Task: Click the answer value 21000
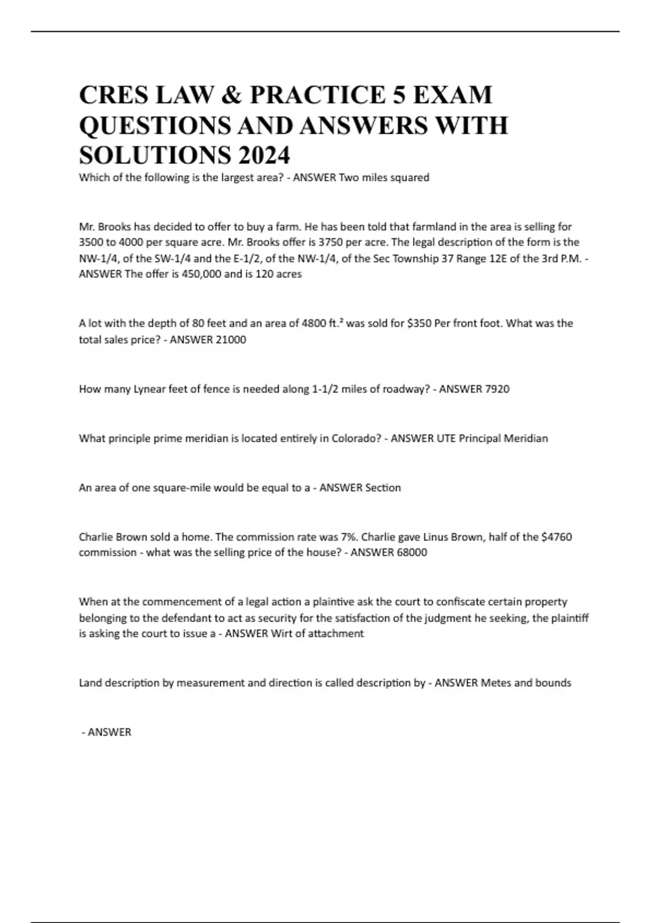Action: (231, 340)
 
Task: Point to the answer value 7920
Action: (495, 389)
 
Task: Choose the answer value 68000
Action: (412, 552)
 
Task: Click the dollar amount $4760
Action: (556, 537)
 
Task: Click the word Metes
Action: (496, 682)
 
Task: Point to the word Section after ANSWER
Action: (383, 488)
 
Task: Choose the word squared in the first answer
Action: (410, 178)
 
